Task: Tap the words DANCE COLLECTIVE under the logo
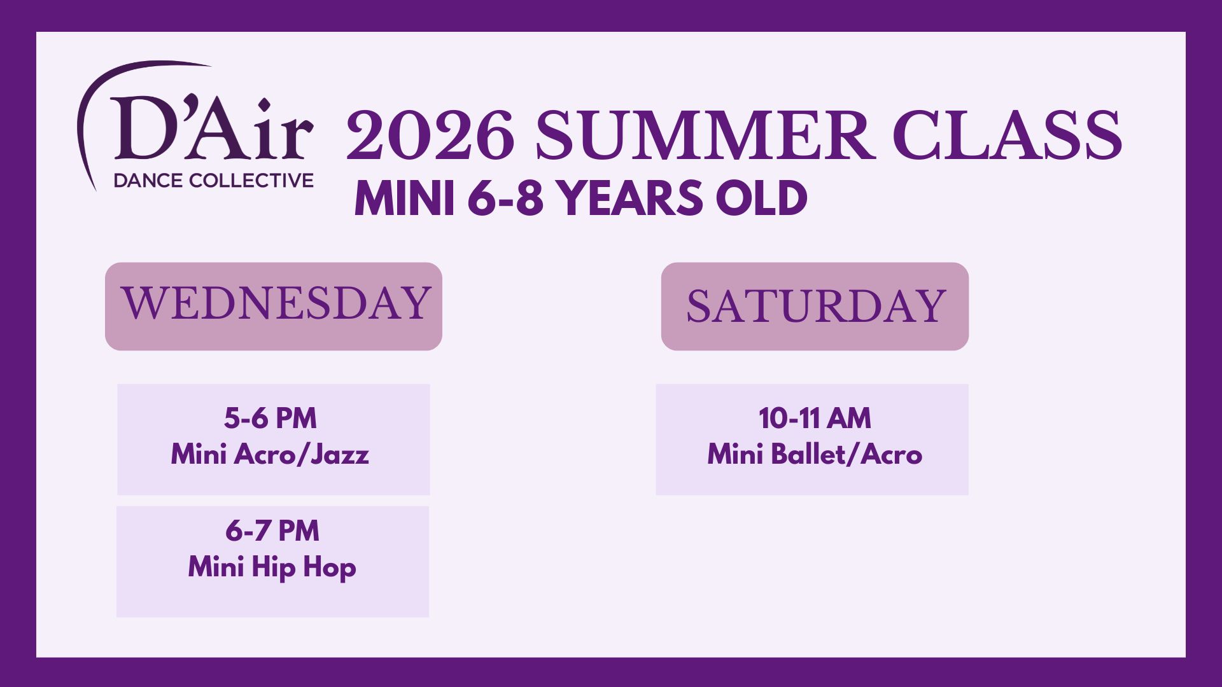coord(213,181)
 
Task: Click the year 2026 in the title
coord(430,135)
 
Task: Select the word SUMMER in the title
coord(703,135)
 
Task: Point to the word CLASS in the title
coord(1007,135)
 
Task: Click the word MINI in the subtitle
coord(404,198)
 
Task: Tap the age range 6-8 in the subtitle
coord(505,198)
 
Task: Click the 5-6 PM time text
coord(270,418)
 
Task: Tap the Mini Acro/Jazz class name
coord(270,454)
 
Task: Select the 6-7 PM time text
coord(272,531)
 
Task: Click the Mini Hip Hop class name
coord(272,567)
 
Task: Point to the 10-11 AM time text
coord(815,418)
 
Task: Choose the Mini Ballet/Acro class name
coord(815,454)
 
